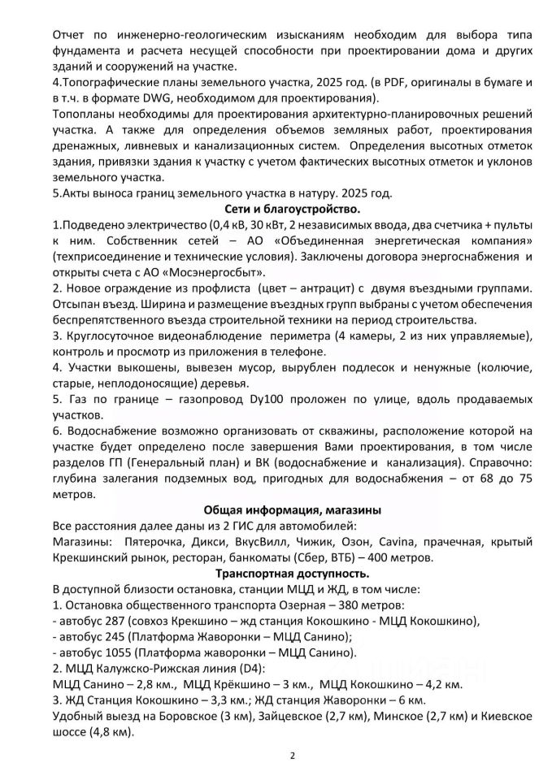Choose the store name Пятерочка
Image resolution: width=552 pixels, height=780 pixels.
[x=155, y=541]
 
